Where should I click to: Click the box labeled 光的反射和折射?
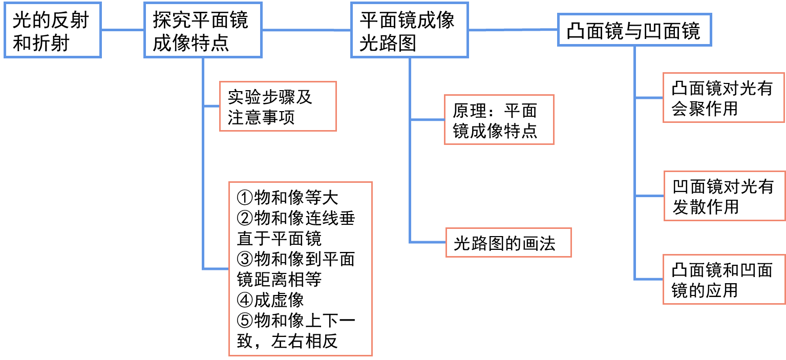[x=52, y=31]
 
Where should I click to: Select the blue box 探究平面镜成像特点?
[x=203, y=30]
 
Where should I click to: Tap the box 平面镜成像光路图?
[x=409, y=30]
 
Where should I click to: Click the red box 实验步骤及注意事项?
[x=277, y=107]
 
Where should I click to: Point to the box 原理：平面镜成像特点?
[x=498, y=120]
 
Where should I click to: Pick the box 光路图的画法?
[x=507, y=243]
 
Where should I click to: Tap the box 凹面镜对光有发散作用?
[x=724, y=197]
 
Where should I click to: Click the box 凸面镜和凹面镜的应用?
[x=723, y=280]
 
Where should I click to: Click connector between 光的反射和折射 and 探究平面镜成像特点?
[x=123, y=30]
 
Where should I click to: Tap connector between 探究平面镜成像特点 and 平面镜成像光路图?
[x=306, y=30]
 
